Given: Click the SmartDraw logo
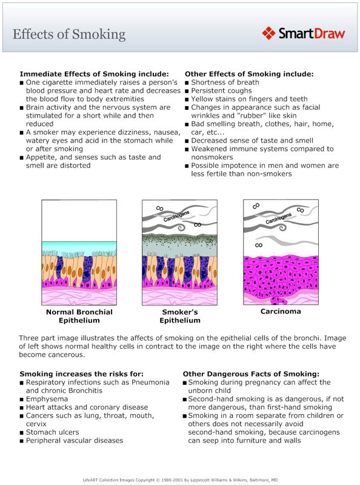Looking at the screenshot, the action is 304,33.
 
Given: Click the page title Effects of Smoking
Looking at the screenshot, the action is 69,34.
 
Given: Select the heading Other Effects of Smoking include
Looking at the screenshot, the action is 249,74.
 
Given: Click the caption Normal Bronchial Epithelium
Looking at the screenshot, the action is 79,316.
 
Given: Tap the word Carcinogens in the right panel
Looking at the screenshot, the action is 279,221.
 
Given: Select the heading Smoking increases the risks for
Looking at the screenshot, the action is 81,374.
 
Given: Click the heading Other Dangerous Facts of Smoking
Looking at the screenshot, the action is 251,374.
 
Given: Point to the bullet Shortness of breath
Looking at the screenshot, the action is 225,82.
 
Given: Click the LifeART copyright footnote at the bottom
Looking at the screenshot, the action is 180,479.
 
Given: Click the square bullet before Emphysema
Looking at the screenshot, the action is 22,400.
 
